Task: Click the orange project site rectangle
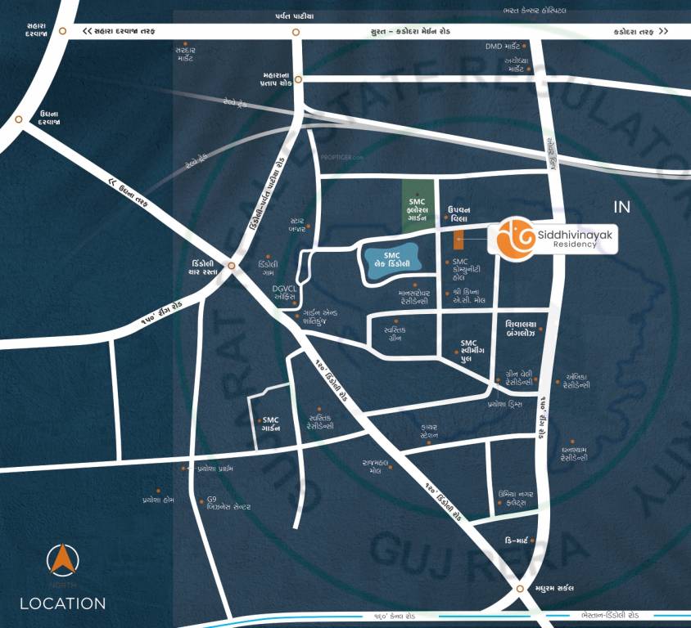(458, 240)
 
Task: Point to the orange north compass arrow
(62, 560)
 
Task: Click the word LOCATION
(63, 604)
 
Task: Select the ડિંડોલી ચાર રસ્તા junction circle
(233, 267)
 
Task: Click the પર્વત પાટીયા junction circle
(295, 32)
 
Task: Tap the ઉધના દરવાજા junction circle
(18, 119)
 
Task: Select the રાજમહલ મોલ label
(368, 466)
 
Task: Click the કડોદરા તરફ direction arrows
(641, 31)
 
